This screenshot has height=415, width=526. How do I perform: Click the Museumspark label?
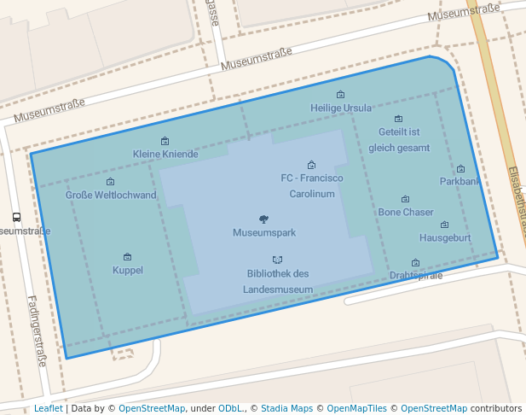tap(263, 232)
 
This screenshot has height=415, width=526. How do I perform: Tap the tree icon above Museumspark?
tap(263, 219)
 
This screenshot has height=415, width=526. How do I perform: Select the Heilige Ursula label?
tap(341, 108)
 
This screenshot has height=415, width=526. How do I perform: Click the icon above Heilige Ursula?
tap(341, 95)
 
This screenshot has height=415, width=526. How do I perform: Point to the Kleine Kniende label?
tap(165, 155)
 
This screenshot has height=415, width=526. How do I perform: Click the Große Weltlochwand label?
tap(111, 196)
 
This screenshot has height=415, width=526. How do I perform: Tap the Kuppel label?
tap(128, 271)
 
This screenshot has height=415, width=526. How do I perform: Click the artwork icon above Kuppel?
tap(128, 257)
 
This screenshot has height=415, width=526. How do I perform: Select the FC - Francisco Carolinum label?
tap(312, 186)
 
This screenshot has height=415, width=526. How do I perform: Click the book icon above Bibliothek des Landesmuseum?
tap(277, 260)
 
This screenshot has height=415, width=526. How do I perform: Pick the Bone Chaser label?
tap(406, 213)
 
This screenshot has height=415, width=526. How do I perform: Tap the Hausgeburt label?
tap(445, 238)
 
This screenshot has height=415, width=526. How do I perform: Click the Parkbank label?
tap(460, 182)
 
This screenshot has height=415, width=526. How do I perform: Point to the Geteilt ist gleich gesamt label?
tap(399, 140)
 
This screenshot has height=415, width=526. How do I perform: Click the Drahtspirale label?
tap(416, 276)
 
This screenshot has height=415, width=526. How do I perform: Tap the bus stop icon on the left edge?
tap(15, 218)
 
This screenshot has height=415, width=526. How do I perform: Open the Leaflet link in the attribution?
tap(48, 409)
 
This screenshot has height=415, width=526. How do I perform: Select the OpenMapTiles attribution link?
tap(356, 409)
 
